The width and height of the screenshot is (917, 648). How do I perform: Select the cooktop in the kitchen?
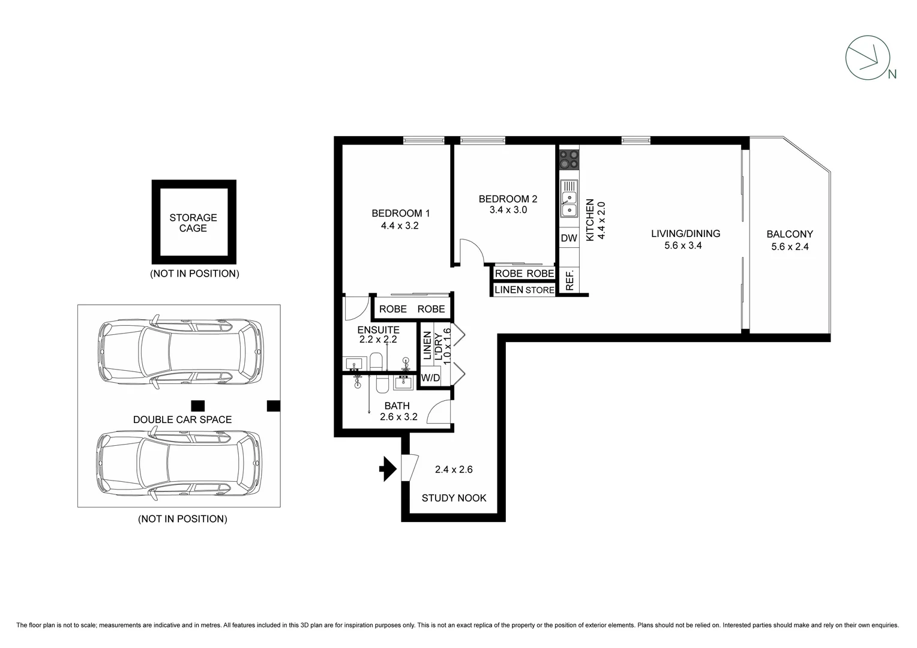[x=569, y=160]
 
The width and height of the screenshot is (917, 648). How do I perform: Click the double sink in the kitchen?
[x=569, y=199]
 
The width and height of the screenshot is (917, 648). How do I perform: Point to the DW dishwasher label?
[x=568, y=238]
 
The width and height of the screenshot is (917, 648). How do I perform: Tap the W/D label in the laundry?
[x=430, y=378]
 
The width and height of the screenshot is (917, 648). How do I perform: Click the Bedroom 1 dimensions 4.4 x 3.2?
[x=399, y=226]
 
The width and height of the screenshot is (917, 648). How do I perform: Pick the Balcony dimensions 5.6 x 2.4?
[x=789, y=246]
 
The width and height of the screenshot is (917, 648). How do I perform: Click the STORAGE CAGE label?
[x=193, y=223]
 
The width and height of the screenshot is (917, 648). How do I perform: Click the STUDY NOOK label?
[x=454, y=498]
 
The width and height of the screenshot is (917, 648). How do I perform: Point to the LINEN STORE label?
[x=524, y=290]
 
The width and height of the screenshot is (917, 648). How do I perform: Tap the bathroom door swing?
[x=439, y=412]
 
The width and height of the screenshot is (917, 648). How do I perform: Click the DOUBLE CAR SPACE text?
[x=182, y=419]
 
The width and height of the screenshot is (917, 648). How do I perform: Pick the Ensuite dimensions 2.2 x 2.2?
[x=378, y=339]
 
